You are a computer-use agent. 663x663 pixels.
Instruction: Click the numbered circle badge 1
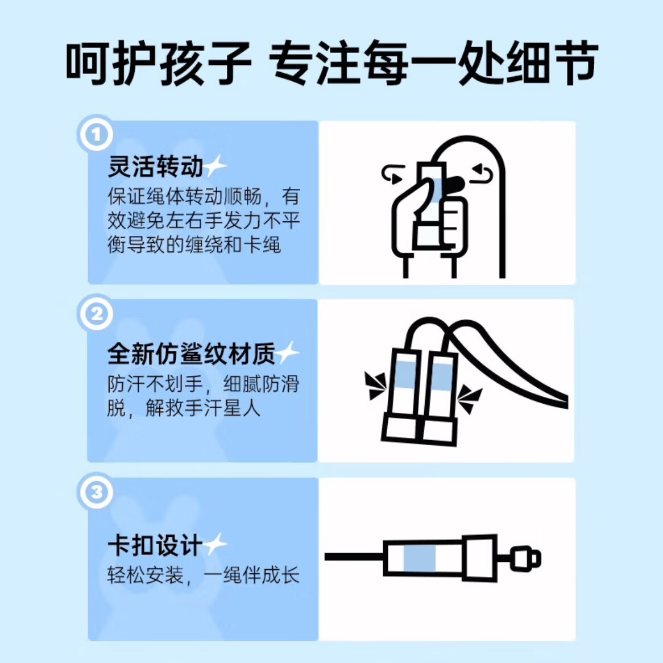tap(96, 134)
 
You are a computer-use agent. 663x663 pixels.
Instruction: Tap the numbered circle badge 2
tap(97, 314)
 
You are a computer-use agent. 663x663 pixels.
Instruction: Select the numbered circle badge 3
tap(97, 492)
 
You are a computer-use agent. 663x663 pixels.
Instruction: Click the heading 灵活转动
tap(156, 166)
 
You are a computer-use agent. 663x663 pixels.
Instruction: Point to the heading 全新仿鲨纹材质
tap(192, 353)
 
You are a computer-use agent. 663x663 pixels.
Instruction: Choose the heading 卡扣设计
tap(155, 545)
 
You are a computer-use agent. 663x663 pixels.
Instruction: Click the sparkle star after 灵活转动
tap(216, 166)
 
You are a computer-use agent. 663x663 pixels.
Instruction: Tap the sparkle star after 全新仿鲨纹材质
tap(288, 353)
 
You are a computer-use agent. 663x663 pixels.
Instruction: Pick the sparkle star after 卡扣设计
tap(216, 545)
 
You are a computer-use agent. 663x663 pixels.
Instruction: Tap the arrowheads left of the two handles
tap(375, 385)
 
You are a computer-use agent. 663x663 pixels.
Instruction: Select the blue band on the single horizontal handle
tap(420, 558)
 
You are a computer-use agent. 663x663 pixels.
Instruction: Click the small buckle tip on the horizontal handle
tap(525, 558)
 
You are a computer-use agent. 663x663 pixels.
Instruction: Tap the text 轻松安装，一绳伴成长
tap(204, 575)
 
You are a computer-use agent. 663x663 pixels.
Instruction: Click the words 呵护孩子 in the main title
tap(159, 64)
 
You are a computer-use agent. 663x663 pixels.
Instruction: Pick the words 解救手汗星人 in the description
tap(203, 408)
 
